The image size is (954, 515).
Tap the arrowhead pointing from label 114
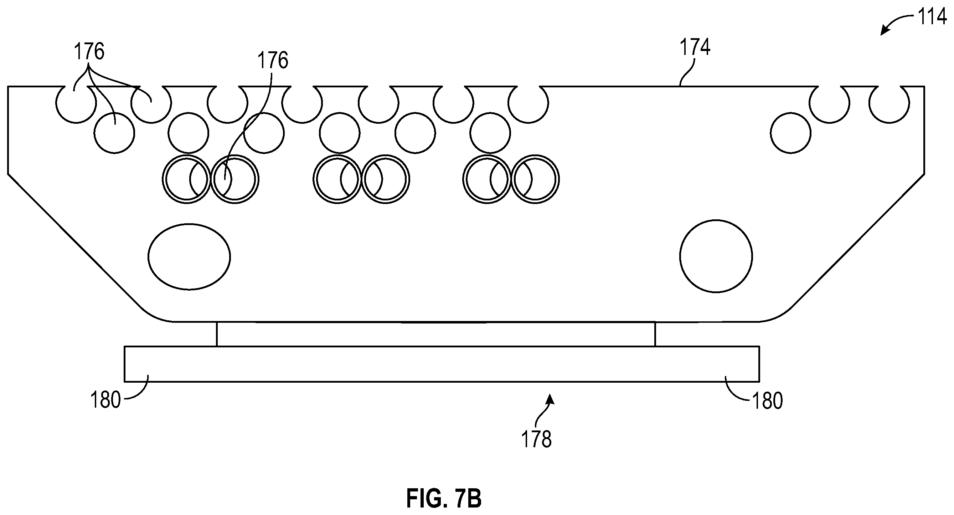pyautogui.click(x=885, y=31)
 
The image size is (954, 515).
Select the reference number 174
pyautogui.click(x=695, y=47)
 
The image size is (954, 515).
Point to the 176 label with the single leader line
pyautogui.click(x=273, y=60)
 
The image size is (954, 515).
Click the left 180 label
pyautogui.click(x=105, y=400)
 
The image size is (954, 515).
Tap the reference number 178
pyautogui.click(x=536, y=439)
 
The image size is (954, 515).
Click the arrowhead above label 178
pyautogui.click(x=551, y=399)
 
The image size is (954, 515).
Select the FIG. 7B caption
pyautogui.click(x=444, y=498)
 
